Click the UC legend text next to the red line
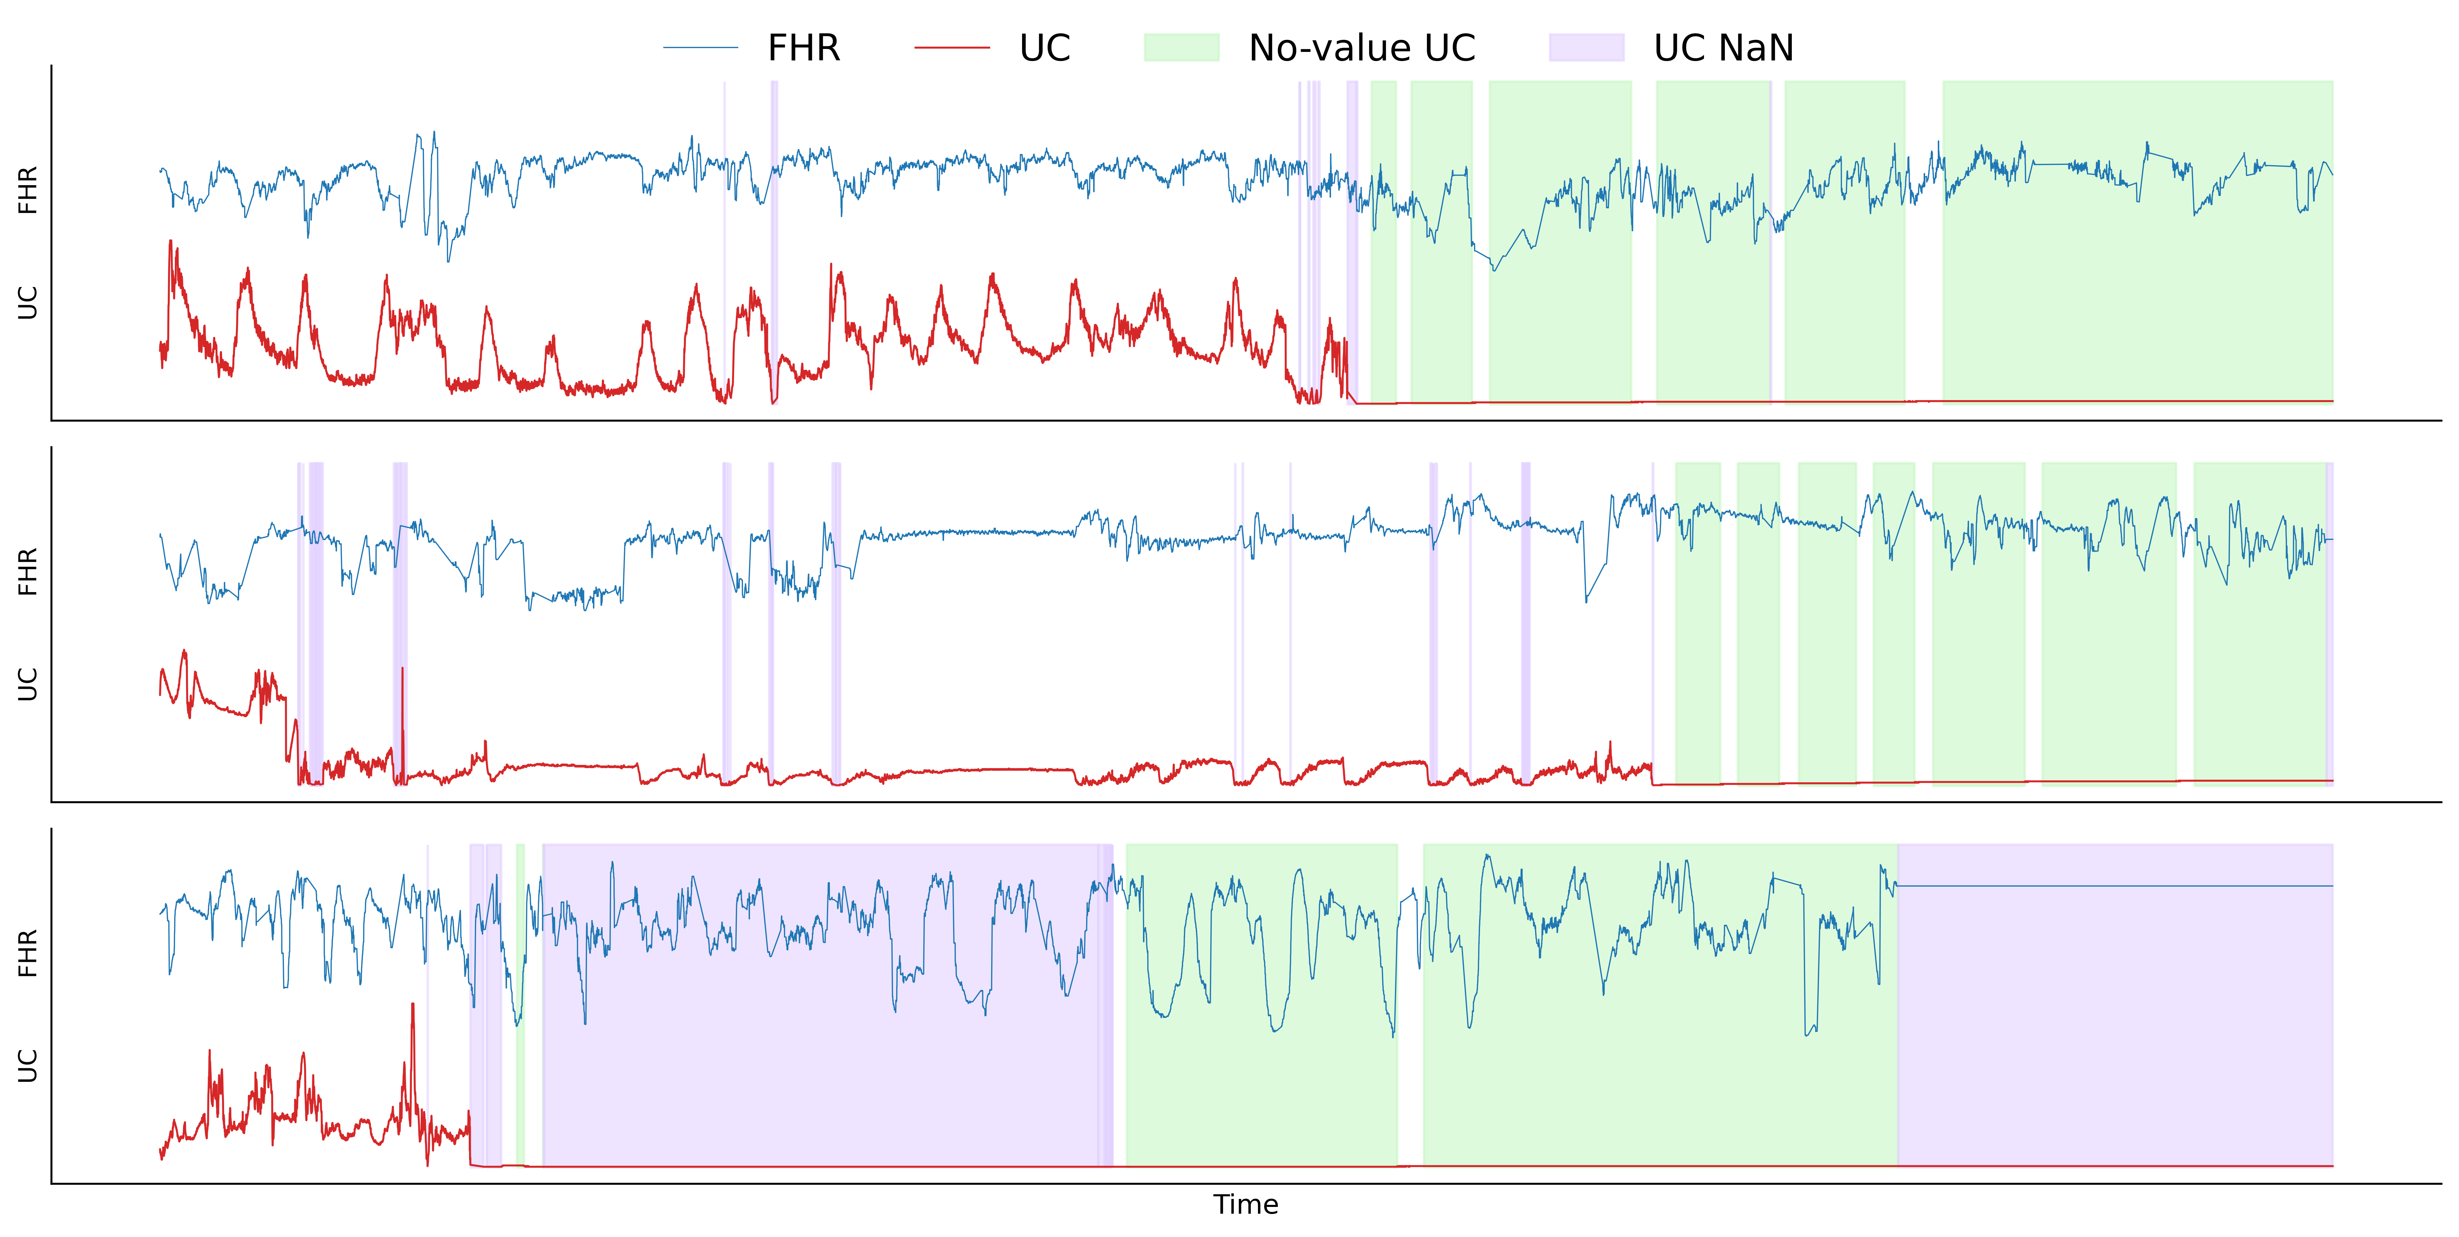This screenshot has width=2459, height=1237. tap(1044, 48)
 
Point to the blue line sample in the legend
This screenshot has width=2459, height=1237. tap(701, 48)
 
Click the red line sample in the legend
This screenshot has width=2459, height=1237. tap(952, 48)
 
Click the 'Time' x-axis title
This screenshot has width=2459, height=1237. tap(1246, 1205)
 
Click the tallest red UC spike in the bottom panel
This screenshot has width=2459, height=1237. tap(412, 1012)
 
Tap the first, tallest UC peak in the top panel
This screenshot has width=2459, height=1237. tap(171, 246)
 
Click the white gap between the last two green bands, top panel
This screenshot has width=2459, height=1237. tap(1924, 239)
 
